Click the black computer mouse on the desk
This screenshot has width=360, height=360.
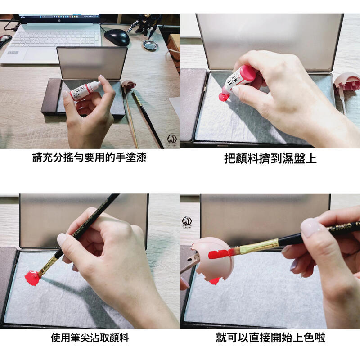117,37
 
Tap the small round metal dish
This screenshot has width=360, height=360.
150,45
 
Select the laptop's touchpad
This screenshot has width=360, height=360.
43,54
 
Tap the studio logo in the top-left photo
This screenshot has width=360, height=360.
171,139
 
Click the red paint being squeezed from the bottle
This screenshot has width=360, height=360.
224,96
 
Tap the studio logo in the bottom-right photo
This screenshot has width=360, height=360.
187,222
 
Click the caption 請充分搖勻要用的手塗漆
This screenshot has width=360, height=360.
90,158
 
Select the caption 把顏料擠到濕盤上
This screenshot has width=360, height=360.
270,159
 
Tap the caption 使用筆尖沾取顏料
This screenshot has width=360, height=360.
90,337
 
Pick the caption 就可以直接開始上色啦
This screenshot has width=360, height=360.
270,337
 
